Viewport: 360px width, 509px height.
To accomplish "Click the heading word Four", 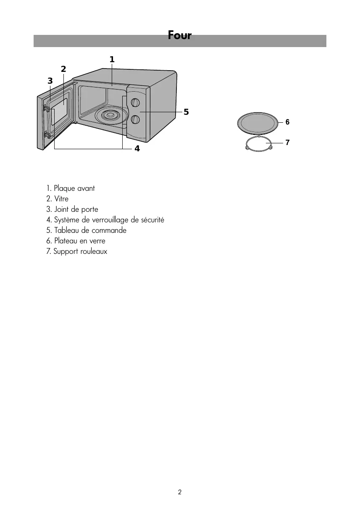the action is (179, 35).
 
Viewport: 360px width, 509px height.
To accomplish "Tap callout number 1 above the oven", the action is (112, 60).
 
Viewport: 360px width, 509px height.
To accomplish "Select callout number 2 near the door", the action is (63, 69).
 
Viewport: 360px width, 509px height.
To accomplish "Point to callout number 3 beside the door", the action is (50, 81).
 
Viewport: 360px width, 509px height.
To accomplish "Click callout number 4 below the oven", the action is (137, 149).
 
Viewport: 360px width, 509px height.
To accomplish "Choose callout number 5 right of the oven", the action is (186, 112).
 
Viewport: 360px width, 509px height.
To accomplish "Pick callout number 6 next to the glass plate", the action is (287, 122).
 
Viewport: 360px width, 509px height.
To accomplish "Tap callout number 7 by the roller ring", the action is (287, 142).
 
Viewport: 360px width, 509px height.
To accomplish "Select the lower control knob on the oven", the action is (135, 120).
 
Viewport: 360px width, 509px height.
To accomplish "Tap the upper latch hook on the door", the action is (46, 109).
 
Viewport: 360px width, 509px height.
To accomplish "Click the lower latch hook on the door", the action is (46, 135).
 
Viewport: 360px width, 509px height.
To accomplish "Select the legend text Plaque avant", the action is (74, 188).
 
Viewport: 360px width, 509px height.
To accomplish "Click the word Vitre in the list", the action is (61, 199).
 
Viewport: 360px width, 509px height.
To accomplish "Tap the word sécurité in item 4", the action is (152, 220).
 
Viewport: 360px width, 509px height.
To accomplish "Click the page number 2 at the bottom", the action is (180, 492).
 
